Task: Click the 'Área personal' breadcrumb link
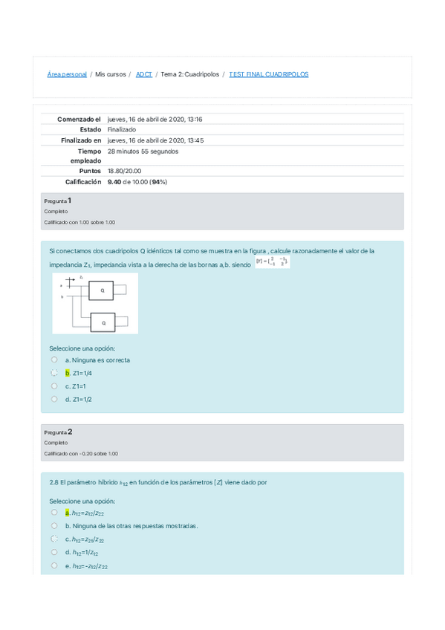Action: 67,75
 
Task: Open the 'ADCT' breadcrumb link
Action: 144,75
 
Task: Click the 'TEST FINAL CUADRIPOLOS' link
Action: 268,75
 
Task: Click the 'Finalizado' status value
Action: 122,129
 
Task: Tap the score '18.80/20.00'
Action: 125,171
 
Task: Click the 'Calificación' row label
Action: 82,181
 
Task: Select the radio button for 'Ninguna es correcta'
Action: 54,360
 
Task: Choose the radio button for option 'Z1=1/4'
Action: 54,373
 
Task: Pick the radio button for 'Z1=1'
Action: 54,386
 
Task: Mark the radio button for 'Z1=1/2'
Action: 54,399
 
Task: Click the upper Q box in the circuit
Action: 103,290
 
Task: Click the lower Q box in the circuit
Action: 103,322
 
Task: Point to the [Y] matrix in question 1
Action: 272,262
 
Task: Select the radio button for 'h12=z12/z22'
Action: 54,513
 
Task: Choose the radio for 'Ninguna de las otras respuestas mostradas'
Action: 54,526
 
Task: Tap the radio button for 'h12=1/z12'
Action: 54,553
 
